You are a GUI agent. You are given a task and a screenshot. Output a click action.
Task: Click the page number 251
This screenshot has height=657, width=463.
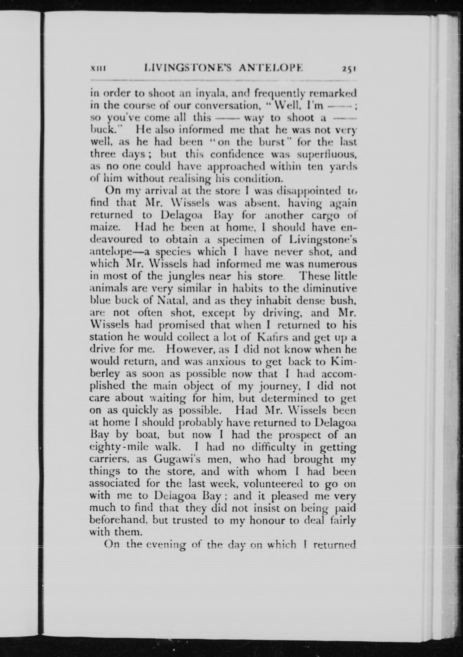(348, 69)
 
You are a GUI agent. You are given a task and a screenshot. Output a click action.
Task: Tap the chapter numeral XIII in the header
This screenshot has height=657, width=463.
(98, 69)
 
